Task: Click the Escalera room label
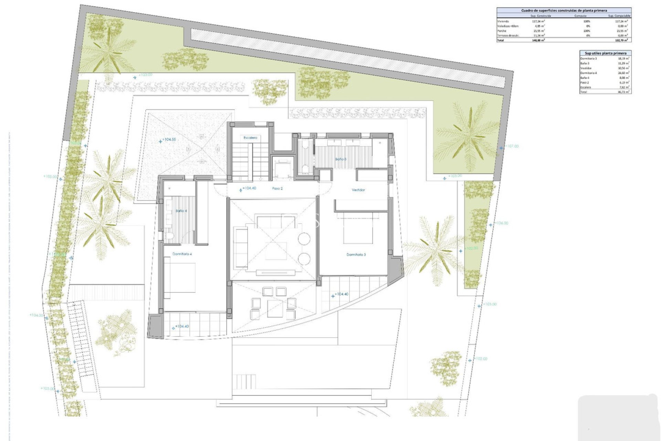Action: coord(250,138)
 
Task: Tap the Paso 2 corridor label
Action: coord(277,188)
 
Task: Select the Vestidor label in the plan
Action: coord(358,190)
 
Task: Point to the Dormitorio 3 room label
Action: coord(356,255)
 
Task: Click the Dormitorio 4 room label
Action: coord(182,254)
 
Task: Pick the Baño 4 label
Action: coord(181,211)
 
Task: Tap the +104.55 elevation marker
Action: coord(169,140)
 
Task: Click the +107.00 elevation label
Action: coord(512,146)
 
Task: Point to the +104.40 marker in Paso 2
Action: coord(249,188)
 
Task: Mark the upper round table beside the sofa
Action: coord(304,238)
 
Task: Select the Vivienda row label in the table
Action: coord(503,21)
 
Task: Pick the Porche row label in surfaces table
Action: coord(502,31)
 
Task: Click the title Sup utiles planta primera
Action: coord(605,53)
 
